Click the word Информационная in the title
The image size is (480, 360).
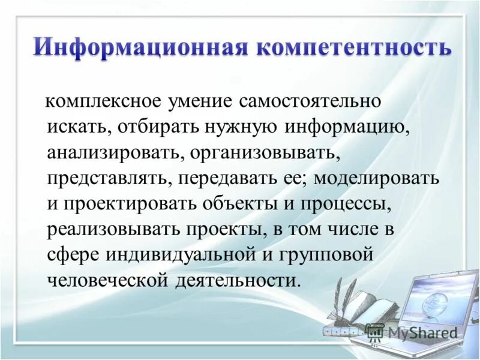(140, 46)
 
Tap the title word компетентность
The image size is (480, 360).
(353, 46)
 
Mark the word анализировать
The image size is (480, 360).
(111, 152)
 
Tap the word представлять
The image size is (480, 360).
(105, 178)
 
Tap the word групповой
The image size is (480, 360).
(328, 255)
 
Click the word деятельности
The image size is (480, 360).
(237, 281)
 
